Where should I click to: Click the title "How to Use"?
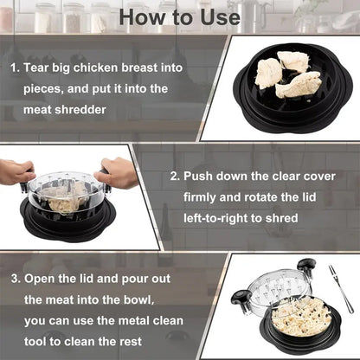click(179, 16)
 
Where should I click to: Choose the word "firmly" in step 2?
click(204, 196)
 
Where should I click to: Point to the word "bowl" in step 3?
click(142, 299)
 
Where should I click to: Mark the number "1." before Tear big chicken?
click(15, 67)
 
